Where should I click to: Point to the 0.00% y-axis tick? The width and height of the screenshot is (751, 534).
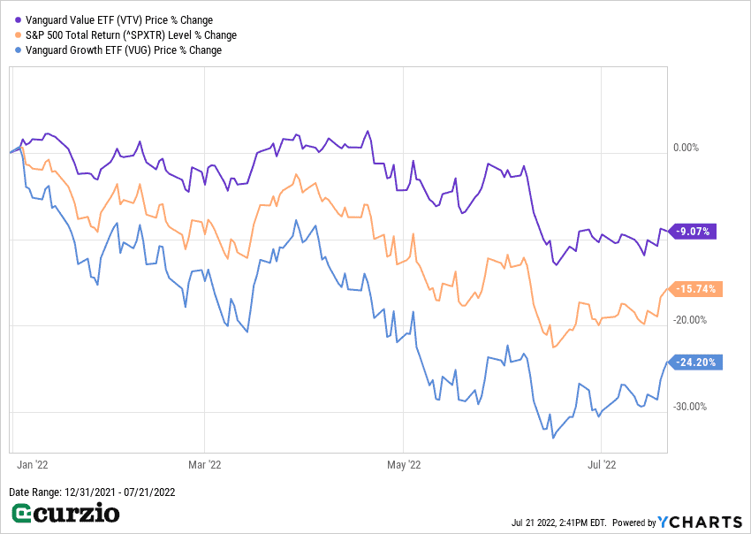click(686, 148)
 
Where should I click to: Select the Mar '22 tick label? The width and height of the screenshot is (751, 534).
click(204, 463)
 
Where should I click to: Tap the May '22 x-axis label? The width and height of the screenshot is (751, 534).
click(402, 463)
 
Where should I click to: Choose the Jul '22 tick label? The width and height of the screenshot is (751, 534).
click(601, 463)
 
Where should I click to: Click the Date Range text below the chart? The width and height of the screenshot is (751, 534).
click(92, 492)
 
